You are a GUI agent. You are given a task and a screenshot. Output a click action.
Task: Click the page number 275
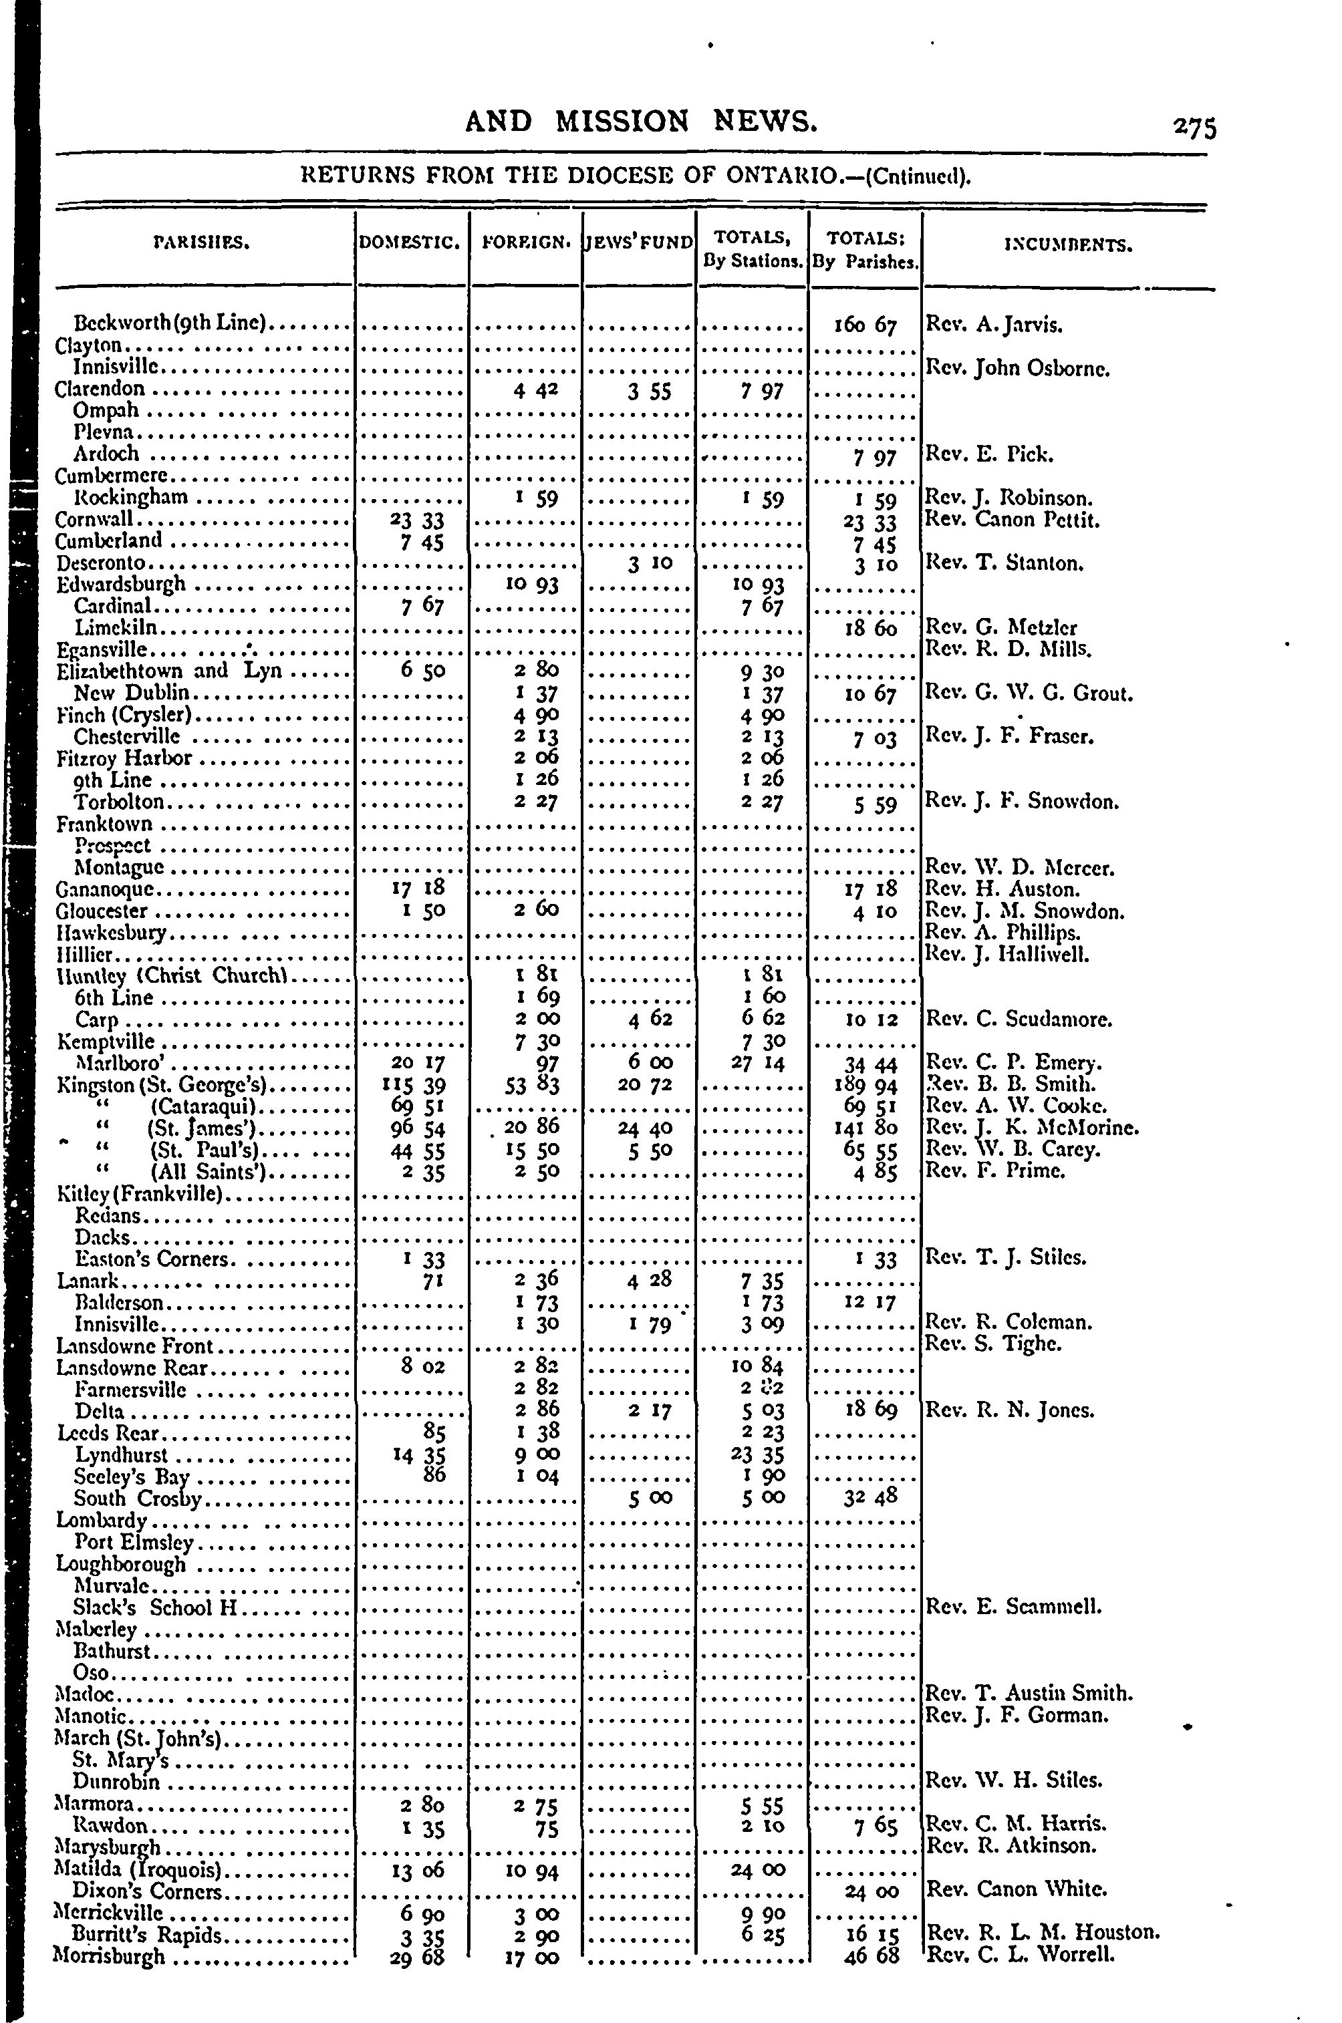(1194, 128)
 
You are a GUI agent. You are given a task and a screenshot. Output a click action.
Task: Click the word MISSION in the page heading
(622, 122)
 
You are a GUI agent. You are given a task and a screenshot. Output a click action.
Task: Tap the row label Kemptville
(106, 1041)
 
